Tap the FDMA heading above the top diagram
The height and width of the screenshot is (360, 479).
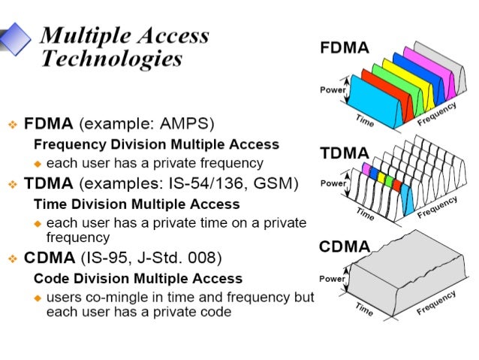pyautogui.click(x=345, y=49)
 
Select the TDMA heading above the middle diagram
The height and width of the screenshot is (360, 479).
pyautogui.click(x=345, y=153)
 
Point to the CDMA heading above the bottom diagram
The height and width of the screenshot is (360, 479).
pyautogui.click(x=345, y=247)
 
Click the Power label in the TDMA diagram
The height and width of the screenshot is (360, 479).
pyautogui.click(x=333, y=183)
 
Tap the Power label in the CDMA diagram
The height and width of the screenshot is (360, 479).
pyautogui.click(x=333, y=279)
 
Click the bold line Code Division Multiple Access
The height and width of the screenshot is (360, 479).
pyautogui.click(x=138, y=279)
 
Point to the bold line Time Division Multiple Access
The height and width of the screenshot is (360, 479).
pyautogui.click(x=137, y=204)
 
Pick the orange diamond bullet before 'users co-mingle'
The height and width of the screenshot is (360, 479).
pyautogui.click(x=38, y=298)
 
